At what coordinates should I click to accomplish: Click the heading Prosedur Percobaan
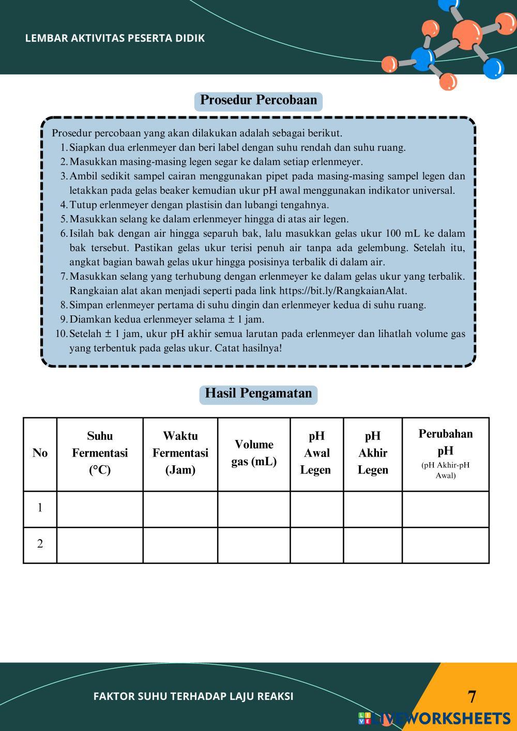point(258,100)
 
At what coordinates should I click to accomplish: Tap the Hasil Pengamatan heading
point(258,393)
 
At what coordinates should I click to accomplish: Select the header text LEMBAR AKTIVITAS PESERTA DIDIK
point(115,38)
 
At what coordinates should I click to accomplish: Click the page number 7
point(472,697)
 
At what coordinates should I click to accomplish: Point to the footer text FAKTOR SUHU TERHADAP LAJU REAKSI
point(193,696)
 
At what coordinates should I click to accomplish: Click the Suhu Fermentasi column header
point(100,453)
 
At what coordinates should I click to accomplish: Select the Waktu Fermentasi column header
point(180,453)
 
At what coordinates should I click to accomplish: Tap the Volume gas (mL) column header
point(254,453)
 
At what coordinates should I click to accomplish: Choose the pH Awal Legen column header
point(316,453)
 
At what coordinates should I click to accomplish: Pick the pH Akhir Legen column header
point(373,453)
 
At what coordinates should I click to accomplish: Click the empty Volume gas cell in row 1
point(254,509)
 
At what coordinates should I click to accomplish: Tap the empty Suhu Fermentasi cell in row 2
point(100,545)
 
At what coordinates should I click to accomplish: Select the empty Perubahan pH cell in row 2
point(445,545)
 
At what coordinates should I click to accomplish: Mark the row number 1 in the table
point(40,508)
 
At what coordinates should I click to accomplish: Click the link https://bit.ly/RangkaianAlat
point(342,291)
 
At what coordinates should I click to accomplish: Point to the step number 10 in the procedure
point(61,334)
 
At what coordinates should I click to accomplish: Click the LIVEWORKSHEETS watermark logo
point(434,719)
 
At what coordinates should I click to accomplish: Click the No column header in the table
point(40,453)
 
